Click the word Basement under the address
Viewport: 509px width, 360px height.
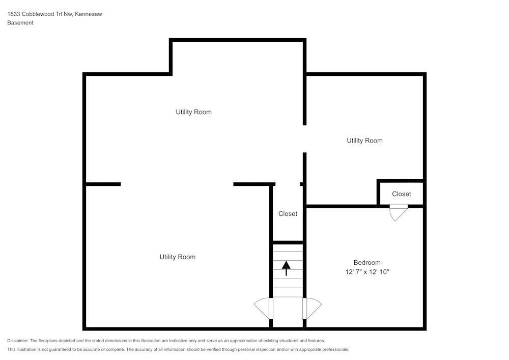tap(20, 23)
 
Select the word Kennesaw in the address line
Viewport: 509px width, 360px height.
tap(89, 14)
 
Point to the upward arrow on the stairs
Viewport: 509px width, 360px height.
tap(286, 267)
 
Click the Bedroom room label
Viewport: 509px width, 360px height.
tap(367, 263)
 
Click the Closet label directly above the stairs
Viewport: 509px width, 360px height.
tap(288, 214)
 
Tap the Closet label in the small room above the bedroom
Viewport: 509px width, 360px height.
tap(401, 194)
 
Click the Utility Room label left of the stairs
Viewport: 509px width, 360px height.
tap(177, 257)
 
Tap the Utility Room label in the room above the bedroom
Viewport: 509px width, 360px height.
tap(364, 141)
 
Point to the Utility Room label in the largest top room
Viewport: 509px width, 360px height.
tap(193, 112)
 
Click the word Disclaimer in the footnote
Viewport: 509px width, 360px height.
tap(17, 341)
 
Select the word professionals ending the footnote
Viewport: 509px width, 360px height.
tap(334, 350)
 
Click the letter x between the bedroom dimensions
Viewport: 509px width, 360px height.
tap(367, 272)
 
